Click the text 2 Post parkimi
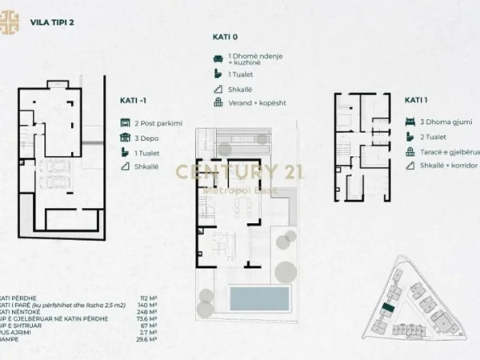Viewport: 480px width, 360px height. [159, 122]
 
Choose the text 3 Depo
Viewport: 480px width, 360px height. [147, 137]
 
